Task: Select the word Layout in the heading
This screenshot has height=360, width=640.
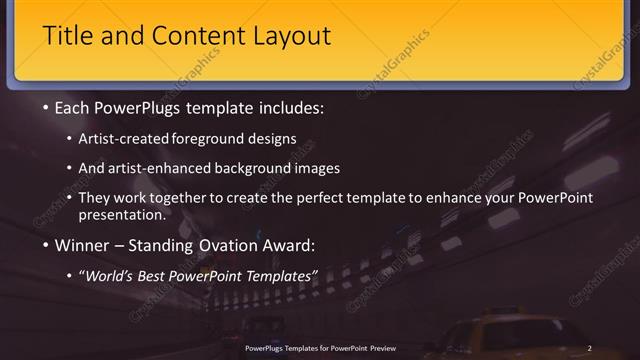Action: point(290,37)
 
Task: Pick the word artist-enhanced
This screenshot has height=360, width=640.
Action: point(167,168)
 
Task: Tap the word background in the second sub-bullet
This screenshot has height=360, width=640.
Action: point(272,168)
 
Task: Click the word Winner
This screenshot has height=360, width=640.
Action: point(82,244)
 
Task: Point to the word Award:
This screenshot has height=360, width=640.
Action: point(295,244)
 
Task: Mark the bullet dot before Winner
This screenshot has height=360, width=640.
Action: point(45,245)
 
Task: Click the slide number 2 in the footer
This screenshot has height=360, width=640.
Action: point(590,348)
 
